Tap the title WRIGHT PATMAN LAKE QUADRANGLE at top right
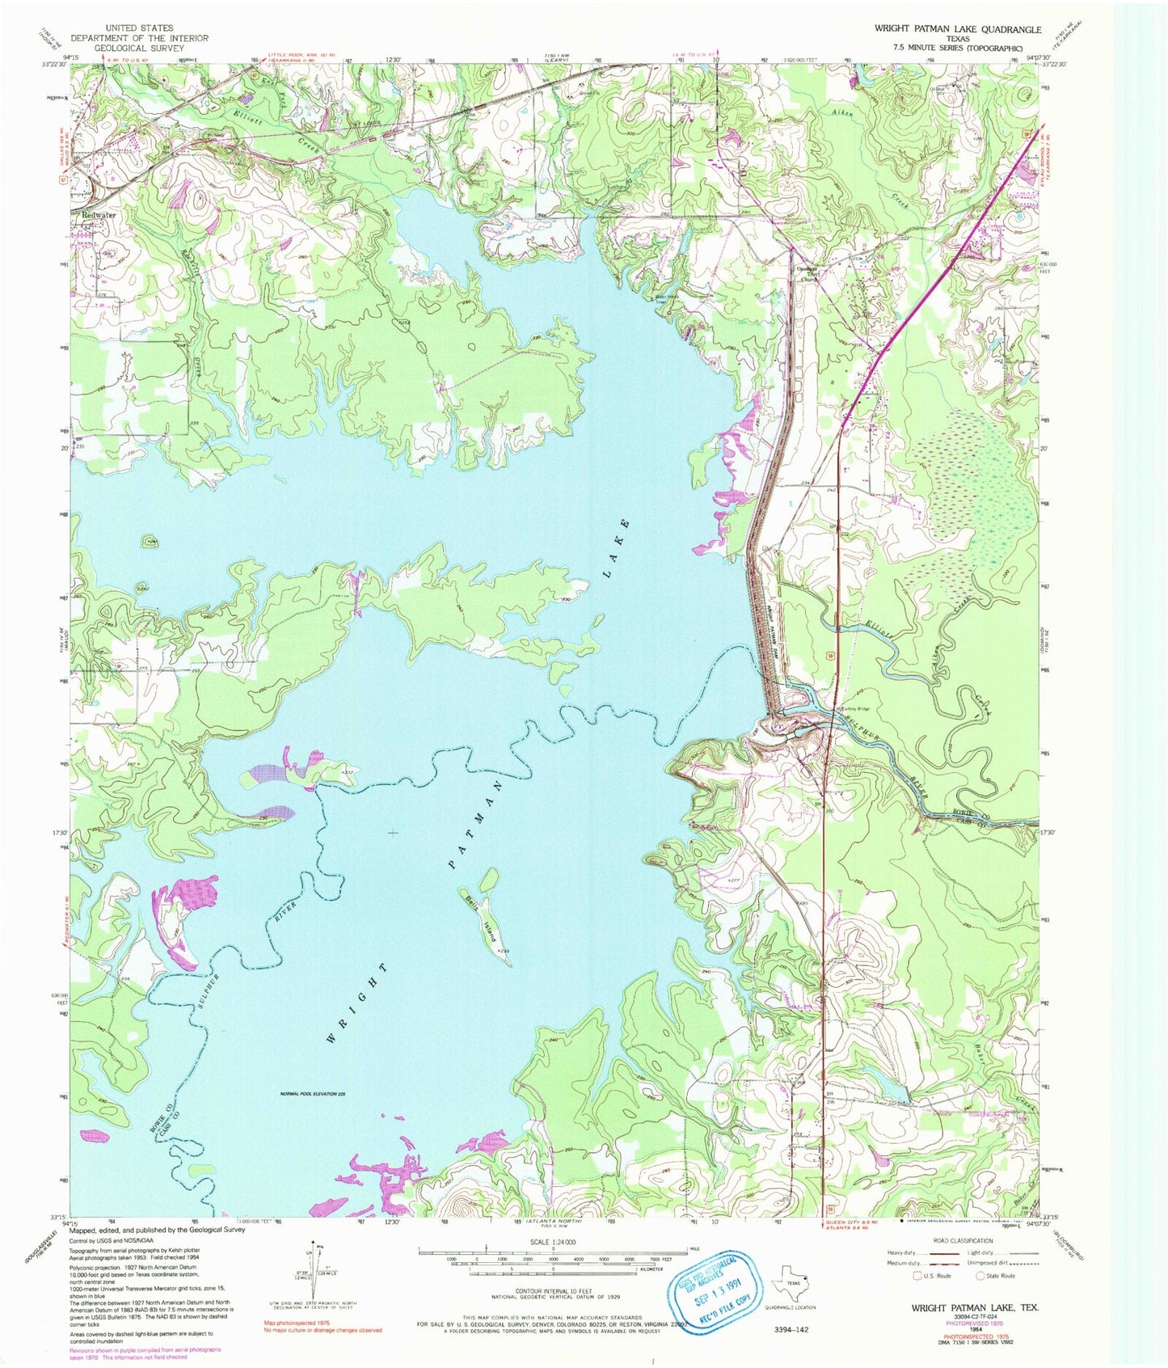click(958, 28)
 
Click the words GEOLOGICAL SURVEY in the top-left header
click(139, 48)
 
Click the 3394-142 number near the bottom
click(791, 1329)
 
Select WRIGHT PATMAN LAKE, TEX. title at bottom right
click(975, 1307)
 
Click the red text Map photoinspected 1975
click(297, 1323)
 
